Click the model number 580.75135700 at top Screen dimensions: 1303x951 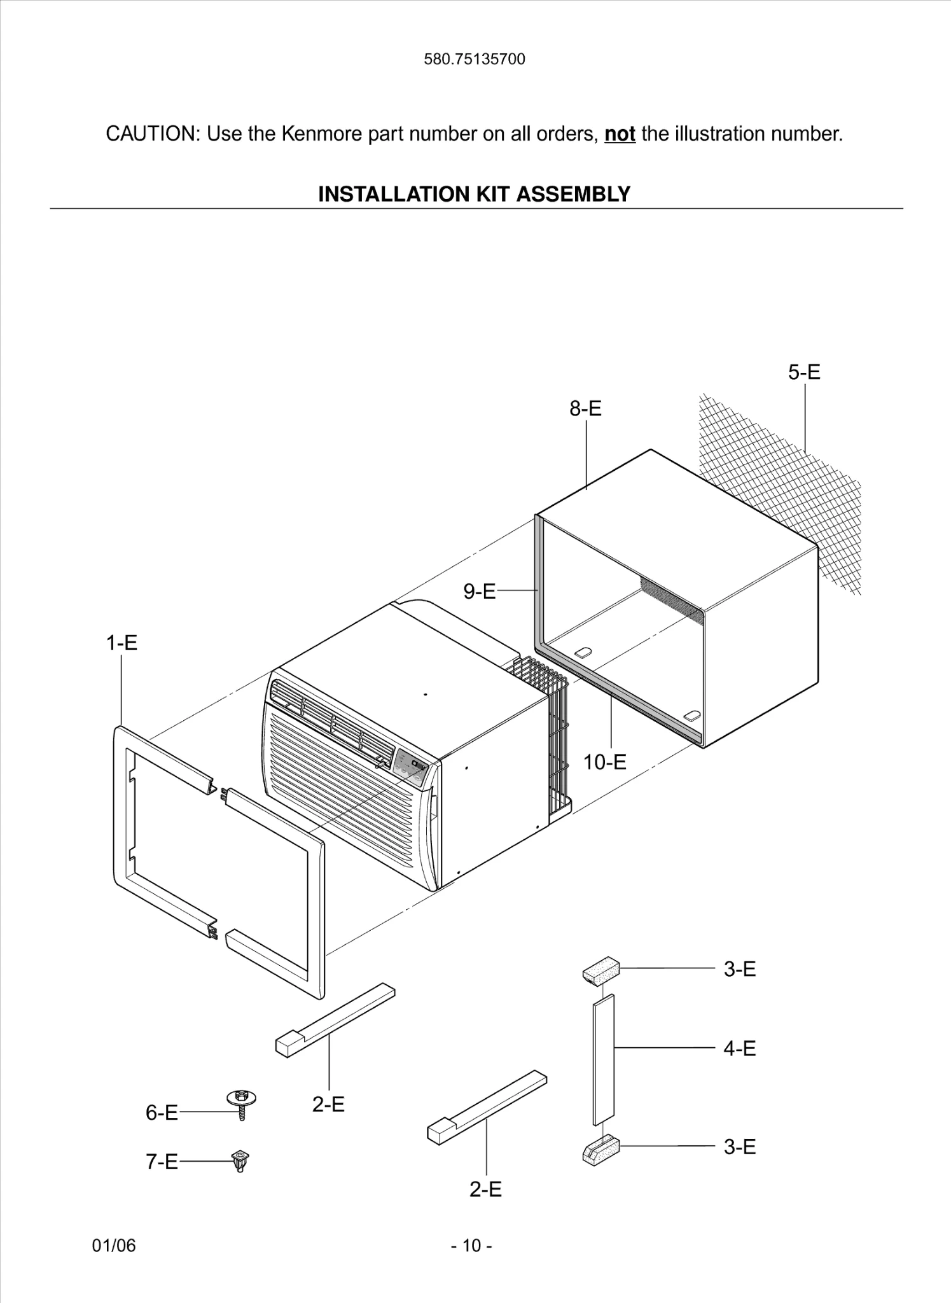point(475,59)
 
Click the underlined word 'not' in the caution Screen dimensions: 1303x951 point(620,134)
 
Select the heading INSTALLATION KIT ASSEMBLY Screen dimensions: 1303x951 point(474,194)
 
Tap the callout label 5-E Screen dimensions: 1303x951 point(804,372)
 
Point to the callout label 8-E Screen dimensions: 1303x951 point(585,408)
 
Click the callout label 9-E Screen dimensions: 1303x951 point(479,592)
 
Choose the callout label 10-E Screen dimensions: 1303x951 point(604,762)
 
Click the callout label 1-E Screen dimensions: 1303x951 point(121,643)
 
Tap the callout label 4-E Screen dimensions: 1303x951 point(739,1048)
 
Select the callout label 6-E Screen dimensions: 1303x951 point(162,1112)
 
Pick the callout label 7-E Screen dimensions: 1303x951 point(162,1162)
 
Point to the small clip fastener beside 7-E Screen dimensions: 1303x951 point(240,1161)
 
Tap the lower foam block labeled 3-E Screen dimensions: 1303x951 point(600,1150)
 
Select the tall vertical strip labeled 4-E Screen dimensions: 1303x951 point(604,1059)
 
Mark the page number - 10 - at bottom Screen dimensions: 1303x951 point(471,1245)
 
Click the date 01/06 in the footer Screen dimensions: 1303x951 point(114,1245)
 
